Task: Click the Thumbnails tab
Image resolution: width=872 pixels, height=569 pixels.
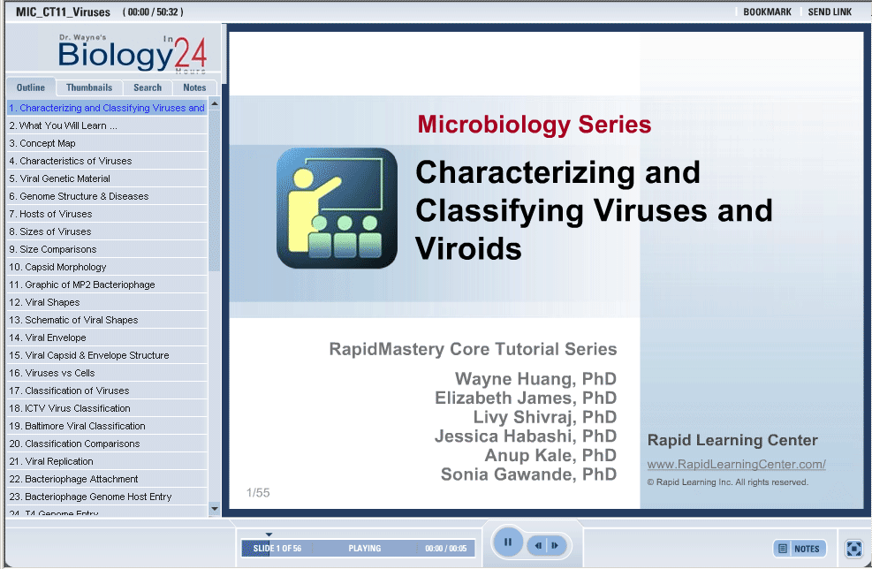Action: point(89,87)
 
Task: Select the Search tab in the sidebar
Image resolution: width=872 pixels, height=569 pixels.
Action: point(148,87)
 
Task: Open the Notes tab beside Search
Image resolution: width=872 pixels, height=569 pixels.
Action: point(194,87)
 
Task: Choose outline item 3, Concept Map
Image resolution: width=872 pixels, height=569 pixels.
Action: point(42,143)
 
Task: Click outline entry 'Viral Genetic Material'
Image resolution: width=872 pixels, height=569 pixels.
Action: point(59,178)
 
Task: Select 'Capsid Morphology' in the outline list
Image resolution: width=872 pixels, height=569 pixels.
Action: point(57,267)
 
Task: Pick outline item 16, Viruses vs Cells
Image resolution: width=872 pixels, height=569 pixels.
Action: point(52,373)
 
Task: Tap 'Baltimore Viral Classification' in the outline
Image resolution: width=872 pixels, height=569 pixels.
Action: point(77,426)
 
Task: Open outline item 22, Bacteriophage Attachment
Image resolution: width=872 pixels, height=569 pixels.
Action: point(73,479)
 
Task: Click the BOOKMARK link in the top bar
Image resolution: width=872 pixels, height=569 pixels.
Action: point(767,11)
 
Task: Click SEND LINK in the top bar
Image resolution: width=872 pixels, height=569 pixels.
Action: point(830,11)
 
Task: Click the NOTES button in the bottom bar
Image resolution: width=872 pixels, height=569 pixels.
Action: point(800,549)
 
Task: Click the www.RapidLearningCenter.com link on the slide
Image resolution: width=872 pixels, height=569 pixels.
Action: point(736,464)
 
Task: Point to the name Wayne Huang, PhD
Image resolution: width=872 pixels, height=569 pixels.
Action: point(535,379)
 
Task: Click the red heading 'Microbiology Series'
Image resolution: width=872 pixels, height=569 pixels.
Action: point(535,124)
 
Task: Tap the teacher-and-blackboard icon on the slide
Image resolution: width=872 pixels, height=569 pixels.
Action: point(337,208)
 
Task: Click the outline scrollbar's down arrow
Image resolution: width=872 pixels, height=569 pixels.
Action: point(215,508)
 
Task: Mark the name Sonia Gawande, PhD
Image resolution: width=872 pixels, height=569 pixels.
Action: point(528,474)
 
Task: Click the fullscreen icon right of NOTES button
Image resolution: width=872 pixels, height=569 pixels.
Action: point(853,549)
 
